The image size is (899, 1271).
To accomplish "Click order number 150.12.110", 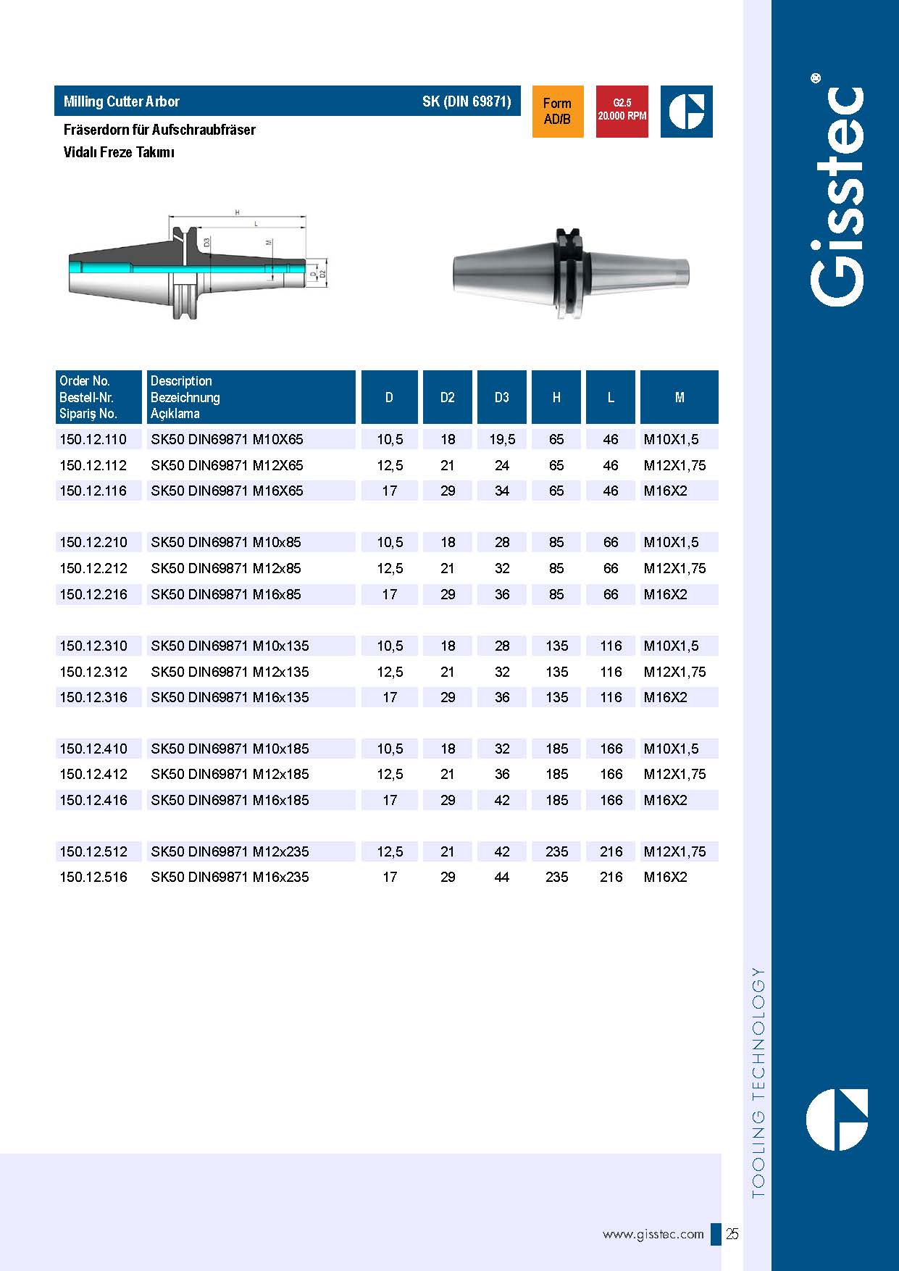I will pyautogui.click(x=93, y=439).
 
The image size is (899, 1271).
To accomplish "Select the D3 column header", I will pyautogui.click(x=501, y=397).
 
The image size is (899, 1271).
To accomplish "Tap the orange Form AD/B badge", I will pyautogui.click(x=557, y=112).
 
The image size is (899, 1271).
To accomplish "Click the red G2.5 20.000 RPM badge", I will pyautogui.click(x=622, y=112).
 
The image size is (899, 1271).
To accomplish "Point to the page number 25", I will pyautogui.click(x=732, y=1234).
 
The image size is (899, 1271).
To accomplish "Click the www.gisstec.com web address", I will pyautogui.click(x=653, y=1234).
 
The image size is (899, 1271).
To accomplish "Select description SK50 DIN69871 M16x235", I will pyautogui.click(x=230, y=877).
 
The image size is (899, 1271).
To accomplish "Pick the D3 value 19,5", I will pyautogui.click(x=501, y=439).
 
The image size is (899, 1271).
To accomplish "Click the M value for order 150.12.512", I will pyautogui.click(x=674, y=851).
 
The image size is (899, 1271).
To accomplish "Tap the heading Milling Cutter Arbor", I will pyautogui.click(x=122, y=101).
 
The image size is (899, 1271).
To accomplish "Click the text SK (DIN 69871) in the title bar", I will pyautogui.click(x=467, y=101).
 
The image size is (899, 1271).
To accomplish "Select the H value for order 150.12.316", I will pyautogui.click(x=556, y=697).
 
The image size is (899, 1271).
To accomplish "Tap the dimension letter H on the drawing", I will pyautogui.click(x=237, y=212).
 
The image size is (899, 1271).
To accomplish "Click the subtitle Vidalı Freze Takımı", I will pyautogui.click(x=119, y=152).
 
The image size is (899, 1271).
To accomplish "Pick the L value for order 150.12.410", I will pyautogui.click(x=611, y=749).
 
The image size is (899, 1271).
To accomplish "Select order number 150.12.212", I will pyautogui.click(x=93, y=568).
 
